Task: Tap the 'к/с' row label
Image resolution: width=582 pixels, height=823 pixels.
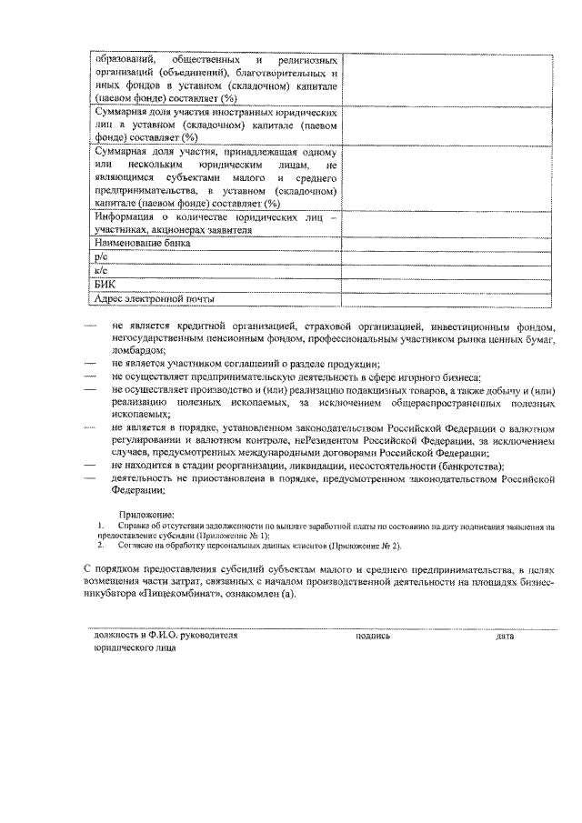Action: [101, 271]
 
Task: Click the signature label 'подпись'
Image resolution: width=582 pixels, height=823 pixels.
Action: [373, 637]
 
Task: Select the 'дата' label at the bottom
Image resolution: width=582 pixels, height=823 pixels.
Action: [506, 637]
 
